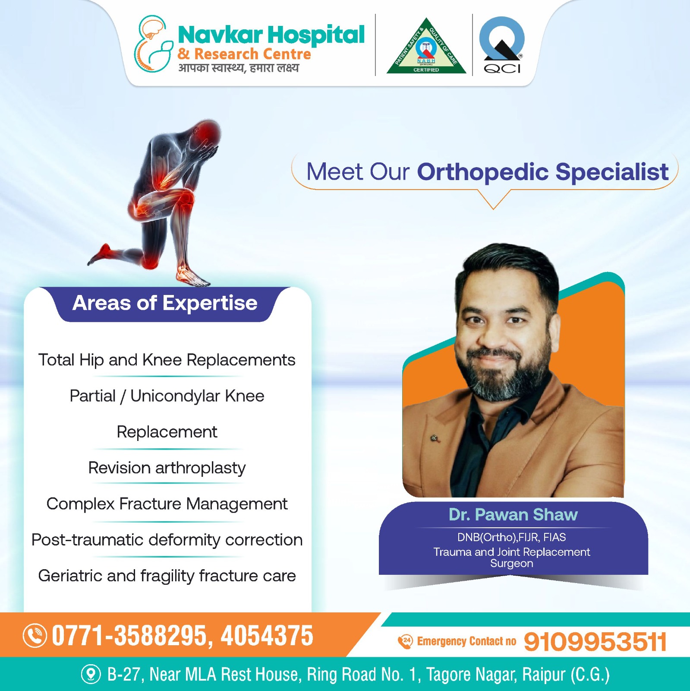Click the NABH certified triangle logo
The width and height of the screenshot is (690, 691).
click(x=426, y=47)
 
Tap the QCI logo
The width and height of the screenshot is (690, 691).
click(x=502, y=45)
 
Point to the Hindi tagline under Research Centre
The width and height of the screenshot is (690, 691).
click(x=239, y=68)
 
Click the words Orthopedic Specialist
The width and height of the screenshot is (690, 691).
click(x=543, y=172)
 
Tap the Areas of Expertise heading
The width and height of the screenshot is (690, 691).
click(x=165, y=303)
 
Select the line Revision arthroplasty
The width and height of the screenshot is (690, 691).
click(x=167, y=468)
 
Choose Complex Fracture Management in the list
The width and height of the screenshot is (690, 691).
click(x=167, y=504)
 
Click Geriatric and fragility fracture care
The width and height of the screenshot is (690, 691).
click(x=167, y=576)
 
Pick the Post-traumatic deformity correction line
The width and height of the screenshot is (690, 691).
click(x=167, y=540)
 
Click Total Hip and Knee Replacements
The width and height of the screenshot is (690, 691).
click(x=167, y=360)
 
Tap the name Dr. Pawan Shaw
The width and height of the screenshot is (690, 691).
click(x=513, y=515)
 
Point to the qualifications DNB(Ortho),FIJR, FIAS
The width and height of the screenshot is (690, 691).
click(x=512, y=537)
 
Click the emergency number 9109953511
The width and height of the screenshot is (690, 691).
click(x=595, y=642)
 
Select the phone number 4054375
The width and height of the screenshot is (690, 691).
click(x=267, y=636)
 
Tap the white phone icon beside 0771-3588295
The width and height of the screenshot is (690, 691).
click(x=35, y=636)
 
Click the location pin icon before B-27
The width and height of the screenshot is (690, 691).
click(x=91, y=674)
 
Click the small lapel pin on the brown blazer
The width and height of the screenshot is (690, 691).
click(x=435, y=439)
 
